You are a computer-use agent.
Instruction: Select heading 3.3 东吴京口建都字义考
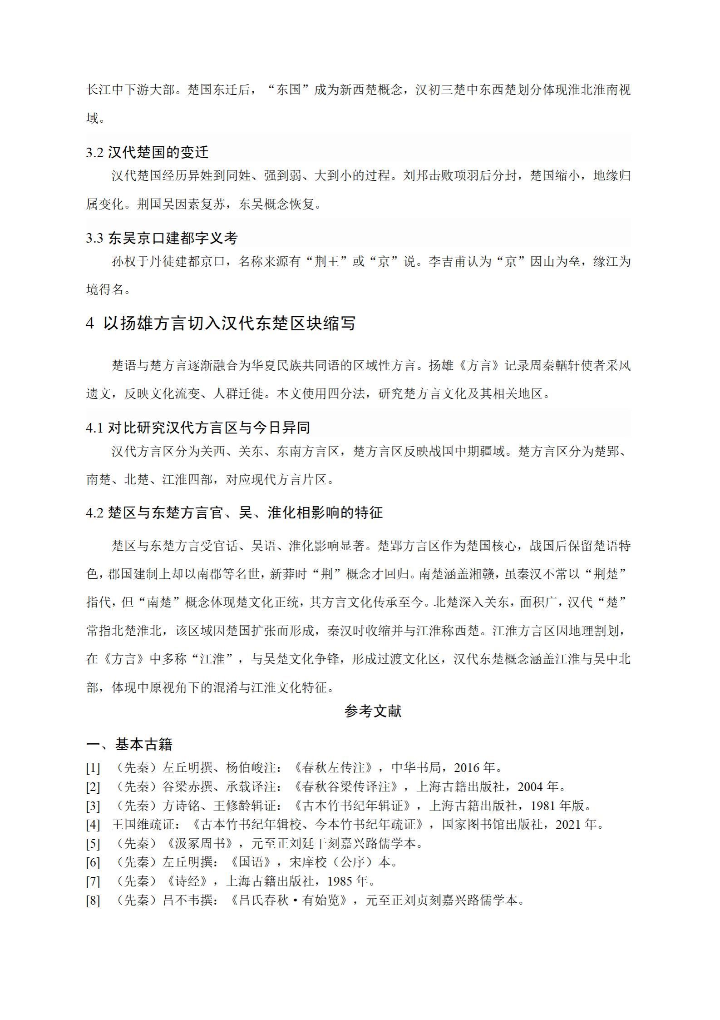click(x=162, y=238)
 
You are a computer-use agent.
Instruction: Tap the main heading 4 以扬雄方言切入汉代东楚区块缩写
click(x=221, y=323)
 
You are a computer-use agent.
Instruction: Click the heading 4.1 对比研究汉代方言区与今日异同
click(x=198, y=428)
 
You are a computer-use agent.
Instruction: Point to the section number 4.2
click(x=95, y=513)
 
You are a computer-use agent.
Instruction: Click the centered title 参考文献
click(x=373, y=711)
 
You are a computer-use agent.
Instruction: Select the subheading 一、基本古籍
click(x=129, y=745)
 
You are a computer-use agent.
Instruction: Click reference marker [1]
click(x=93, y=768)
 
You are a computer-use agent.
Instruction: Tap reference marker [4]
click(x=93, y=825)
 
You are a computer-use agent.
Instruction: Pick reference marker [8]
click(x=93, y=901)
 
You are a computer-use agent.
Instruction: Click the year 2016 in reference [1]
click(x=467, y=768)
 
